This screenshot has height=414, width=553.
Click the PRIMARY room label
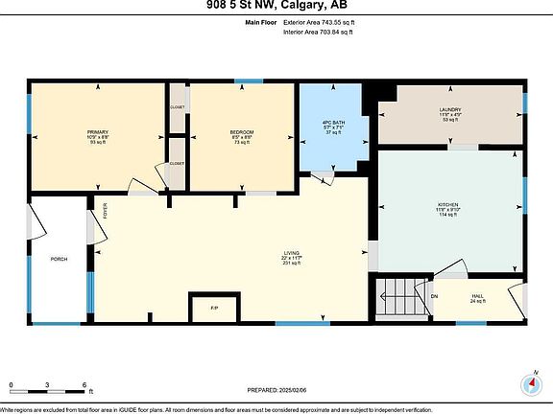coord(98,131)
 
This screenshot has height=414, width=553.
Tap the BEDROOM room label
coord(241,131)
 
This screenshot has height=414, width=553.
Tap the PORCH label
coord(59,259)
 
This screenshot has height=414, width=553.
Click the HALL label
coord(477,296)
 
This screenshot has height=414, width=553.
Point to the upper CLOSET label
coord(178,107)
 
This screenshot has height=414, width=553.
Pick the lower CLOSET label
coord(178,163)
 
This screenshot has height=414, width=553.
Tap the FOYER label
coord(106,209)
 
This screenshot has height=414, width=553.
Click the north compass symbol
coord(530,383)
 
